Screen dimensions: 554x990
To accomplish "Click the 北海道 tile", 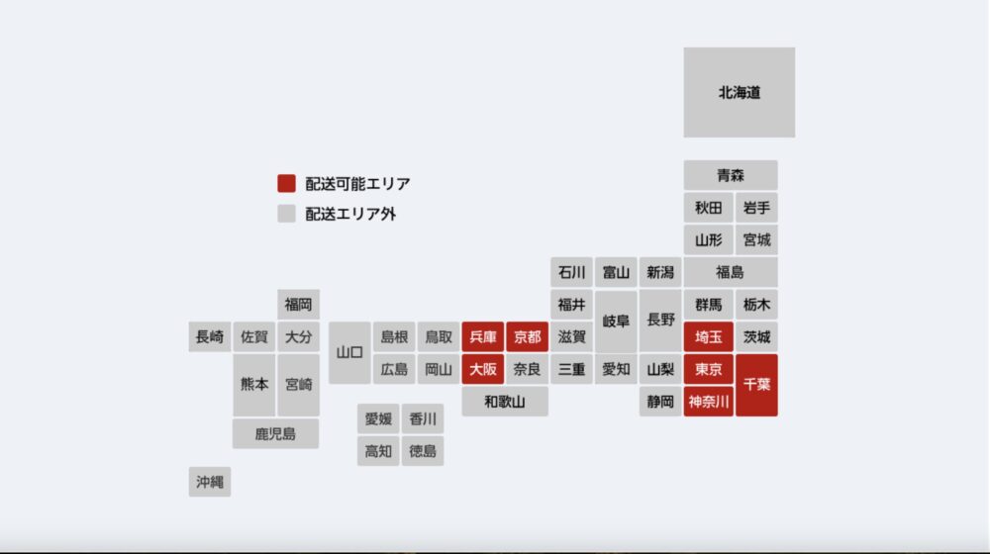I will [739, 92].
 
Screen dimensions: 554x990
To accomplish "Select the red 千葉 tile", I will [756, 384].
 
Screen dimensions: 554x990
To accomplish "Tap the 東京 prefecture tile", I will [708, 370].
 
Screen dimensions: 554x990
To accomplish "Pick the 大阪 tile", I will [483, 369].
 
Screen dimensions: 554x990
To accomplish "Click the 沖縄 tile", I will [210, 482].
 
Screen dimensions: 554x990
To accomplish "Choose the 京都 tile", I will [527, 337].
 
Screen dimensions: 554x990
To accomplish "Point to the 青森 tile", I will [731, 175].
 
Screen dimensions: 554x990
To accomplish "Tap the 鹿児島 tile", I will [275, 433].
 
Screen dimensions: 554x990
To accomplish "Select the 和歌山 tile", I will [505, 401].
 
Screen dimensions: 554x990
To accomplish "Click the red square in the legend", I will [286, 183].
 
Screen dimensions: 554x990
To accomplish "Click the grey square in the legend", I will [286, 213].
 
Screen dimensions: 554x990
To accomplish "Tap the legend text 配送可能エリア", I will [357, 183].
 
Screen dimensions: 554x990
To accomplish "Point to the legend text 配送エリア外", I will [350, 213].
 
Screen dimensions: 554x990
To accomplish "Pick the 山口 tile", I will [349, 352].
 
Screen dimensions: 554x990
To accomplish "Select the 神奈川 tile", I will [708, 402].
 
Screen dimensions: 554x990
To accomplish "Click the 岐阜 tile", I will [616, 322].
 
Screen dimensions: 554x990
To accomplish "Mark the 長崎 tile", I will [210, 336].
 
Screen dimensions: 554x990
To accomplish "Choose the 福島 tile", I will [731, 272].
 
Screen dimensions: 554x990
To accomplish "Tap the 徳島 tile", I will [423, 451].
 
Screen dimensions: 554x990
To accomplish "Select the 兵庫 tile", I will [483, 337].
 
